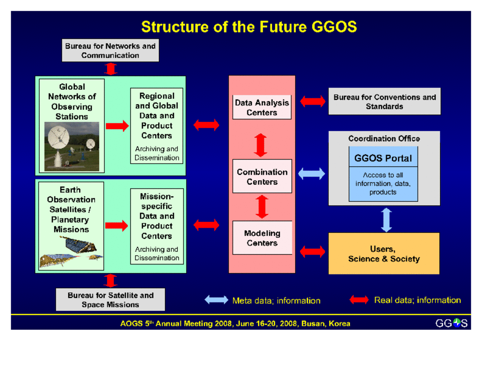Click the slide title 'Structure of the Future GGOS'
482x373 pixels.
[x=249, y=27]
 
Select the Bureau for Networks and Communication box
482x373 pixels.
[x=110, y=50]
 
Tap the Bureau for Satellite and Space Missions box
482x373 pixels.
[x=110, y=300]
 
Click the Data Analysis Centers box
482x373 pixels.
[x=262, y=107]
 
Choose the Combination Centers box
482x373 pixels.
[x=262, y=176]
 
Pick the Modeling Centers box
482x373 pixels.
[x=262, y=238]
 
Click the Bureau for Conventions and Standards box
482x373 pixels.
[x=384, y=101]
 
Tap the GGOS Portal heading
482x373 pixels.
[x=383, y=158]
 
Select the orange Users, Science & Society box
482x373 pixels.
[x=384, y=254]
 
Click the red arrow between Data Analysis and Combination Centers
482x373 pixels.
[x=261, y=145]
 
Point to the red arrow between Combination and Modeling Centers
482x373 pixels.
[x=262, y=207]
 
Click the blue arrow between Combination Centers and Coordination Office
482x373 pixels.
[x=311, y=173]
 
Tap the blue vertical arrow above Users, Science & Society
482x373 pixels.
[x=386, y=220]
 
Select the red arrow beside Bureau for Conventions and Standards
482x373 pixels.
[x=313, y=101]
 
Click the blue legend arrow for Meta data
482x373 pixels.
[x=216, y=300]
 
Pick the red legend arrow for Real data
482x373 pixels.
[x=359, y=300]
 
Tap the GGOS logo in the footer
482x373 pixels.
[x=451, y=323]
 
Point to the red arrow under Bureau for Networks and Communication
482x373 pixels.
[x=111, y=69]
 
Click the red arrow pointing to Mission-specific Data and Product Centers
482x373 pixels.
[x=116, y=225]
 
